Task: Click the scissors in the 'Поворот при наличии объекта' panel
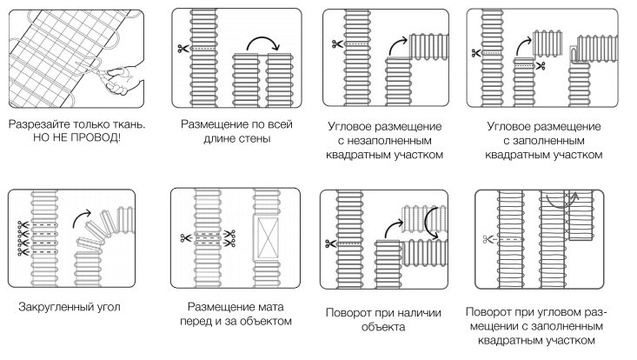point(331,243)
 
